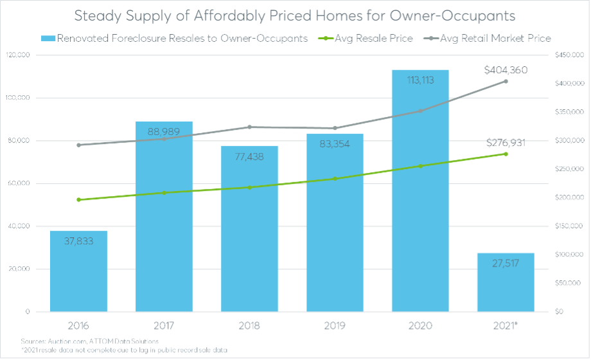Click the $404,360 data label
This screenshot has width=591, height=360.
506,69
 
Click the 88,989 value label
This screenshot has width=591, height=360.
164,132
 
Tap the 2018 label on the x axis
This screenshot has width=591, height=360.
249,325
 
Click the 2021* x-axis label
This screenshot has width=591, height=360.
506,325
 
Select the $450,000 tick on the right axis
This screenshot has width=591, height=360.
569,55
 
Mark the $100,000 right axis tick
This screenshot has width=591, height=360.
569,255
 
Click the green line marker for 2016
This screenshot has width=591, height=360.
78,200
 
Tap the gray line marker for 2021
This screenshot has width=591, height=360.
506,81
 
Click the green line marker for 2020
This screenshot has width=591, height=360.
420,166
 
